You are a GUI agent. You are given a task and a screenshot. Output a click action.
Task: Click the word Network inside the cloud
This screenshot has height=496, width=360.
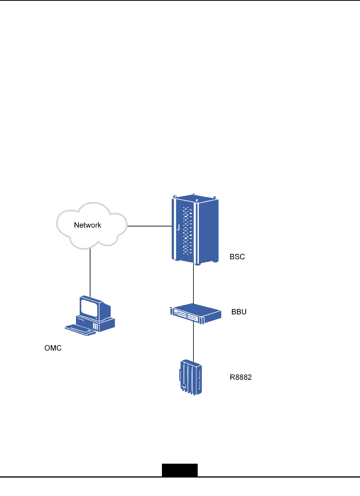click(x=88, y=225)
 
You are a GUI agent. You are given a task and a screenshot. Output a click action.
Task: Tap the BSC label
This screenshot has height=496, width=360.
click(x=237, y=257)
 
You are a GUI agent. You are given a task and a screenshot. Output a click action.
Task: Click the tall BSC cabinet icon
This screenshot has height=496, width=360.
click(x=195, y=230)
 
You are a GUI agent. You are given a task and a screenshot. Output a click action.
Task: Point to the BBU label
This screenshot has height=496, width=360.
click(x=239, y=312)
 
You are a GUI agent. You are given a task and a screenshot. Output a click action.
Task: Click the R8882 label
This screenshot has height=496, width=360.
click(x=241, y=377)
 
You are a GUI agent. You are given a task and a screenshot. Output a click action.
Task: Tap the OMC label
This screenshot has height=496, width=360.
click(x=53, y=348)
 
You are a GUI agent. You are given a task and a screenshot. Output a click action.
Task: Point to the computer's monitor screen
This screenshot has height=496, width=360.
click(x=89, y=307)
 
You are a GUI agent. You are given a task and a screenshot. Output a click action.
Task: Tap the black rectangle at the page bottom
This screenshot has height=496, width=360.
click(x=180, y=470)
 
